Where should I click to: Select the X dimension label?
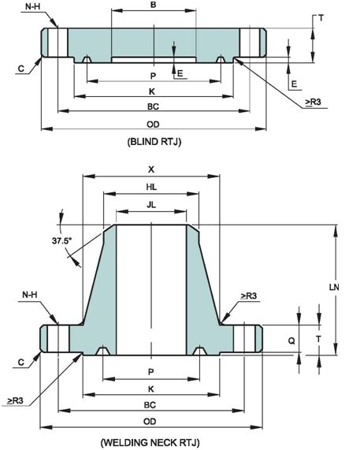(x=150, y=169)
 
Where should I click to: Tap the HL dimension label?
(x=150, y=186)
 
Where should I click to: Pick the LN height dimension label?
(x=334, y=288)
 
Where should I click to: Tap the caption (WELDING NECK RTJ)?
(x=150, y=442)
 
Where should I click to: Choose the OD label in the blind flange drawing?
(x=153, y=124)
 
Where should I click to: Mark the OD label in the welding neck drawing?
(x=150, y=422)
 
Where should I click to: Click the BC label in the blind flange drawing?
(x=153, y=106)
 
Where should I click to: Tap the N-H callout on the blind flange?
(x=32, y=6)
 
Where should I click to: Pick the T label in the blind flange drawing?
(x=321, y=17)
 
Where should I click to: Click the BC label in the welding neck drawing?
(x=150, y=404)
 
